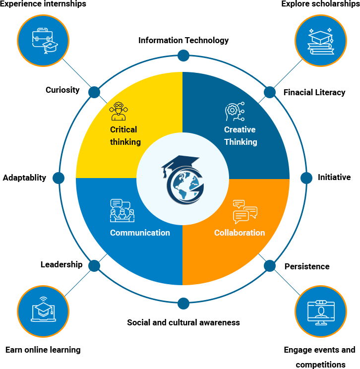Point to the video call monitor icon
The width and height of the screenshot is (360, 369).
click(x=321, y=312)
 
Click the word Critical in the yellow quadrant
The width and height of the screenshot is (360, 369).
click(x=123, y=129)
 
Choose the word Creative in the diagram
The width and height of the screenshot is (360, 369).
click(x=240, y=129)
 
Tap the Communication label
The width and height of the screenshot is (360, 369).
click(x=140, y=233)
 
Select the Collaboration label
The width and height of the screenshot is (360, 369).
click(x=240, y=233)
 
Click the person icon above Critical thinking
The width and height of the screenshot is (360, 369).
click(x=119, y=111)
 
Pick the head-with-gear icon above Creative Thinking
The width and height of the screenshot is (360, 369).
click(x=235, y=112)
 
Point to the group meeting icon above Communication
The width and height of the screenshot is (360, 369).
click(x=122, y=210)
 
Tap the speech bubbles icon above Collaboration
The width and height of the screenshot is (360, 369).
click(x=245, y=212)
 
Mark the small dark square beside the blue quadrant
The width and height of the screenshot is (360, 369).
click(x=94, y=265)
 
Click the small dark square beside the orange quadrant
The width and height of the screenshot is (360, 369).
click(x=270, y=265)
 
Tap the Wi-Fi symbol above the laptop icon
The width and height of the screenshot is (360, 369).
click(x=43, y=300)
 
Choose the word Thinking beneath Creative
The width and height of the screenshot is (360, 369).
click(x=240, y=142)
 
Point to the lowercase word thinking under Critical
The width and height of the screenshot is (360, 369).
click(x=125, y=142)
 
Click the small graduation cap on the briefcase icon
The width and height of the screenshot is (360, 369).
click(x=50, y=46)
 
